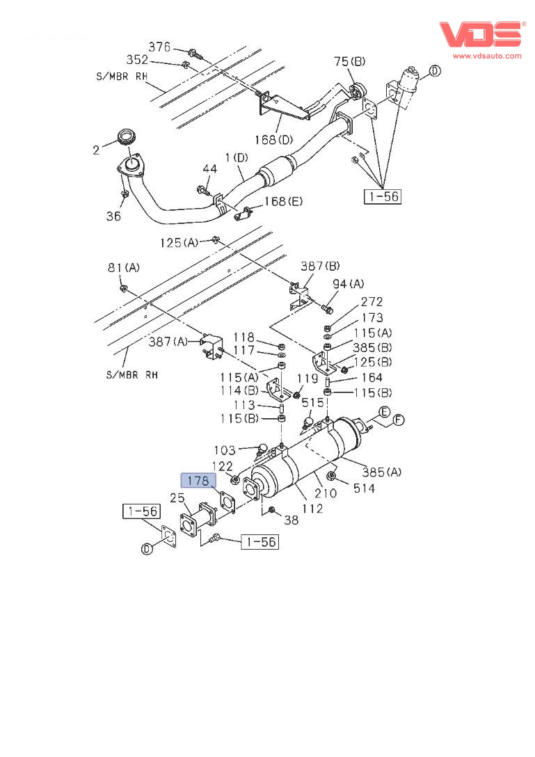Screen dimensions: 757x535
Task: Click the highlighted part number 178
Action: point(198,480)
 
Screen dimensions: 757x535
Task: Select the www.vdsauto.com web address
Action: point(487,56)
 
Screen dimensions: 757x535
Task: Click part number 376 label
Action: point(159,47)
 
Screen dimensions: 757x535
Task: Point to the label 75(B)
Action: point(349,62)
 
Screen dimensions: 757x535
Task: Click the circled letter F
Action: point(399,420)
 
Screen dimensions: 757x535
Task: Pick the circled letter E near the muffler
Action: point(383,411)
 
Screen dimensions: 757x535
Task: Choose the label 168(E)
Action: point(283,202)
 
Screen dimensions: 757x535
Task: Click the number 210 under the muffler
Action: point(325,494)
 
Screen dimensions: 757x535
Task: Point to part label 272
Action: point(371,302)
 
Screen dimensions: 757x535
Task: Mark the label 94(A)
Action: point(348,283)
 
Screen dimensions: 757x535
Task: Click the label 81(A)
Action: point(123,267)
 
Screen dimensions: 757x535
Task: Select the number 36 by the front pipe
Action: point(113,216)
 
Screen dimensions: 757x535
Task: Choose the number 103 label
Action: point(224,450)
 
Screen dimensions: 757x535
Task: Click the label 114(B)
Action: point(241,391)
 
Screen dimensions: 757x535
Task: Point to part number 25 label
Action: point(177,497)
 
